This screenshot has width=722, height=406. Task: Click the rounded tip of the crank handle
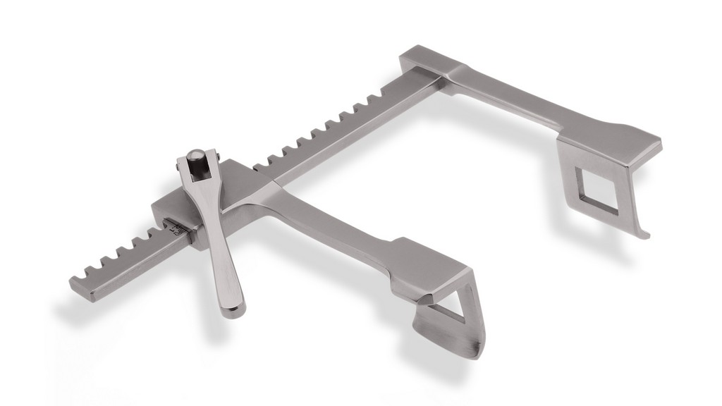(231, 307)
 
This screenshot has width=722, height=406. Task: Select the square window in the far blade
(595, 188)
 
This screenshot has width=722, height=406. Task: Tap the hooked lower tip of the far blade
(643, 233)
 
